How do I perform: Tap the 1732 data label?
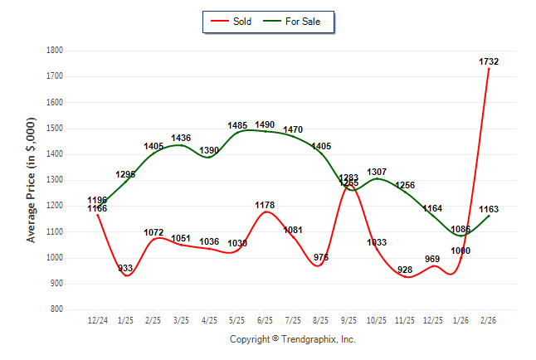click(489, 61)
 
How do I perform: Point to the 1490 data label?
click(265, 124)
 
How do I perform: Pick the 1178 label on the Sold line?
click(265, 205)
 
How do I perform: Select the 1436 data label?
click(181, 138)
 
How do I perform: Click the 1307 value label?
click(377, 172)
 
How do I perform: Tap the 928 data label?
click(405, 270)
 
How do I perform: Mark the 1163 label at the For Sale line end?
click(490, 210)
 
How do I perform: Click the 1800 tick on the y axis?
click(55, 50)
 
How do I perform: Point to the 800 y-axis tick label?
click(56, 309)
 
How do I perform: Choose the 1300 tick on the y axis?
click(55, 180)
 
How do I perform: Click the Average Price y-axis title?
click(32, 179)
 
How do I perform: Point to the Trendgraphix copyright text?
click(292, 339)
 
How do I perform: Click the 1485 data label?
click(237, 125)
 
